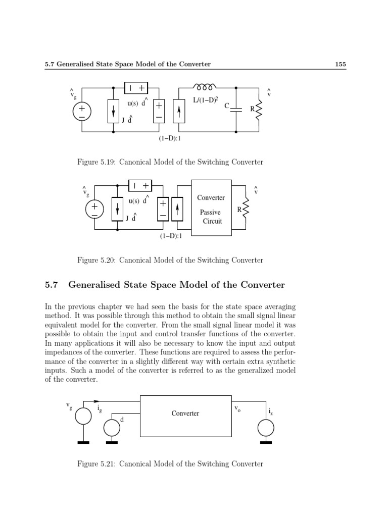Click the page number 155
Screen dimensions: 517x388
(x=339, y=64)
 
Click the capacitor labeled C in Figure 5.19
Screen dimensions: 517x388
(x=236, y=109)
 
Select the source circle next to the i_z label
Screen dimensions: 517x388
(x=266, y=428)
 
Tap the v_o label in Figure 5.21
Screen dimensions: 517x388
(x=237, y=409)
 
